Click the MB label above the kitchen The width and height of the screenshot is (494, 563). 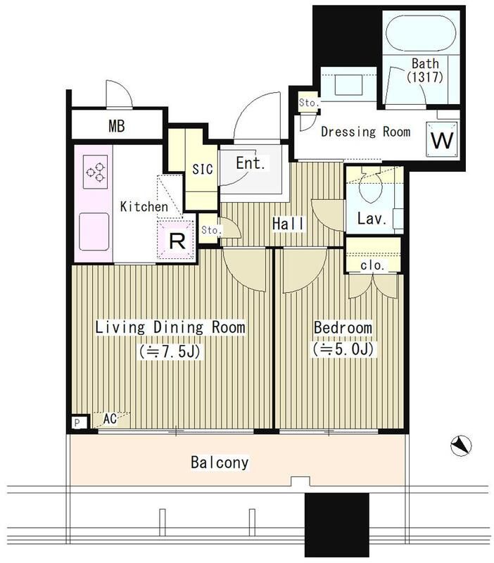(x=117, y=126)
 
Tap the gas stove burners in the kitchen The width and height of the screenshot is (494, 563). (x=96, y=172)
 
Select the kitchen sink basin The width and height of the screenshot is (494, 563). (x=94, y=232)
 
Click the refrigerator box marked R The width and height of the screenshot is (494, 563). (x=177, y=240)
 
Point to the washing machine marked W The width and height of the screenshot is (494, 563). (x=442, y=139)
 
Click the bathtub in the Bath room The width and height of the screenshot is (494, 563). (x=421, y=33)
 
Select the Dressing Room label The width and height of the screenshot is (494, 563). (x=365, y=132)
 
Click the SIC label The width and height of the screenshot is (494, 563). (x=203, y=169)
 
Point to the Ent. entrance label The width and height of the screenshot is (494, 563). (x=251, y=164)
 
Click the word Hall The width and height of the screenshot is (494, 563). (x=289, y=224)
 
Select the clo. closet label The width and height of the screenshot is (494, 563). (x=373, y=266)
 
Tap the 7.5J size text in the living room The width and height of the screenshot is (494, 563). (x=170, y=351)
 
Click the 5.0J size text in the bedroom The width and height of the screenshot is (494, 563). (x=343, y=349)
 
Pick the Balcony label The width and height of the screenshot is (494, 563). (x=220, y=462)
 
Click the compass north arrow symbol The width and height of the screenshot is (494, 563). (x=461, y=445)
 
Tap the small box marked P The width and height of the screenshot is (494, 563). (x=77, y=423)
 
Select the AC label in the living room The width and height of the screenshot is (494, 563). (x=110, y=419)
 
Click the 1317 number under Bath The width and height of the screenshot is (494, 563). (x=425, y=77)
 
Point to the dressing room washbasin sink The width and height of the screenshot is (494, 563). (x=348, y=84)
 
